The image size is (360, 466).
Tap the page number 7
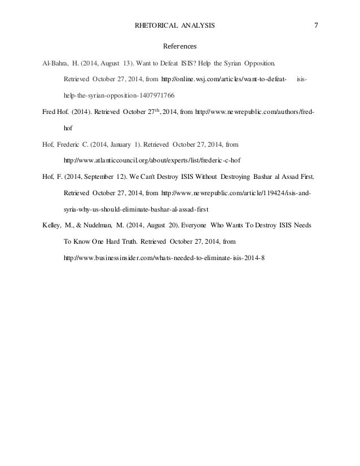click(x=317, y=25)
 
